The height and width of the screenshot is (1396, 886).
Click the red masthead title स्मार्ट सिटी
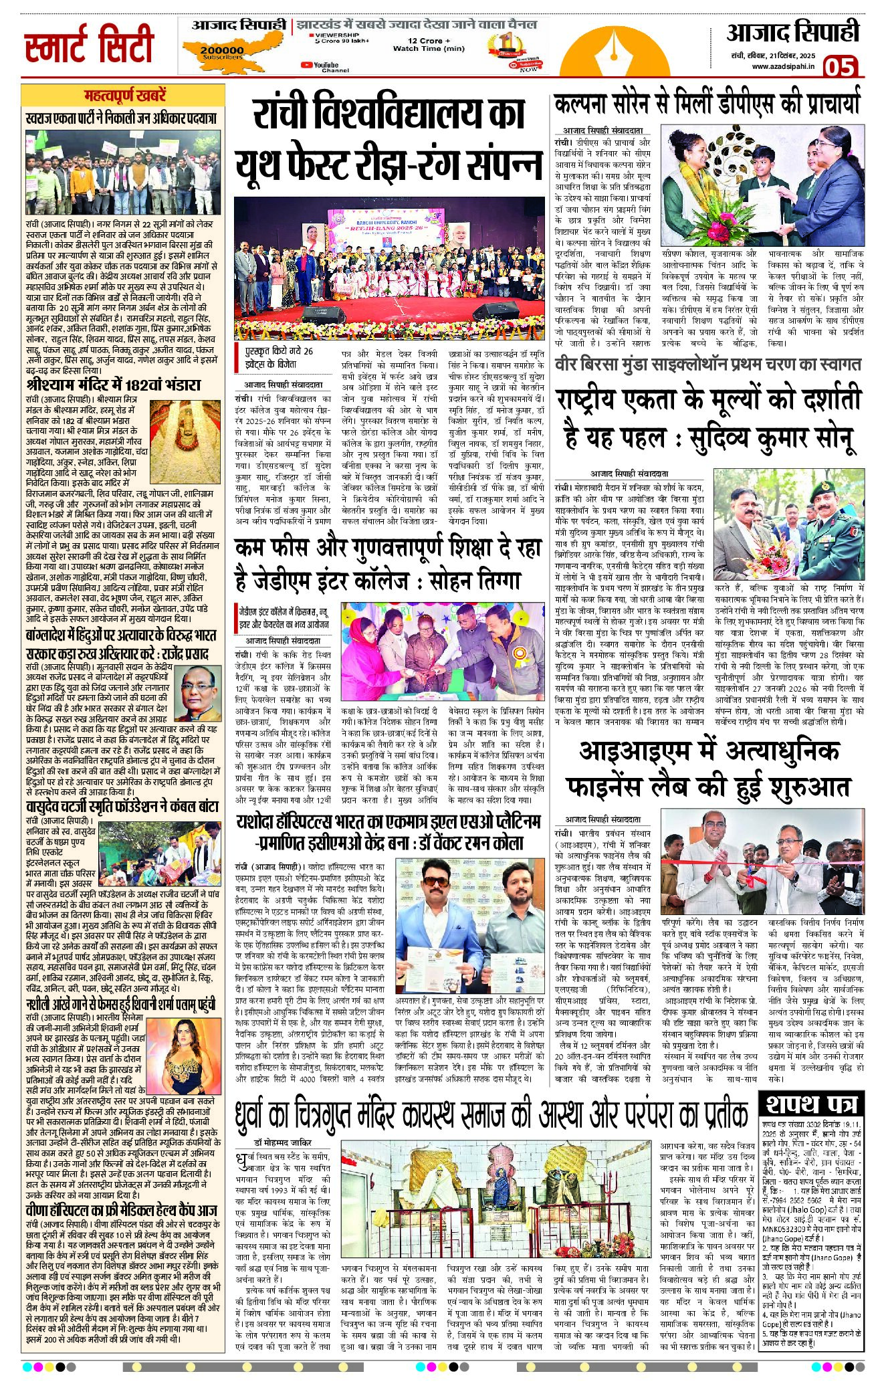coord(89,45)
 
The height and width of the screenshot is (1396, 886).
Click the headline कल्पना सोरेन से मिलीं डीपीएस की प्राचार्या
coord(707,105)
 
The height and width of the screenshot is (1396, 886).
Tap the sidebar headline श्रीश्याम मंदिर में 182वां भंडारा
coord(114,386)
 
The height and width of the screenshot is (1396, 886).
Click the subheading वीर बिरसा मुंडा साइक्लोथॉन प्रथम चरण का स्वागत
coord(707,365)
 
